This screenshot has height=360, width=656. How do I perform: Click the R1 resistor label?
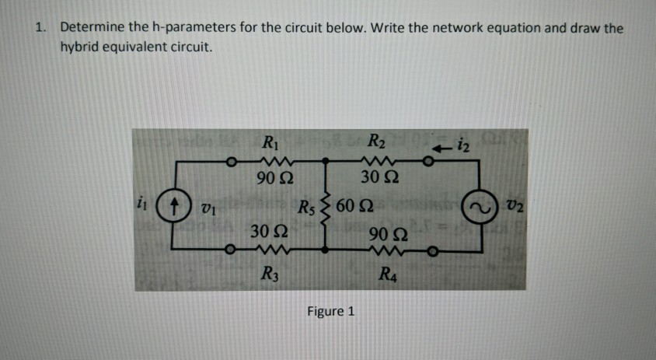(270, 143)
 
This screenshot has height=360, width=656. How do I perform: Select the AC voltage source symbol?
(474, 208)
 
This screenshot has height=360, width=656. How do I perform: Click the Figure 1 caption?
(330, 311)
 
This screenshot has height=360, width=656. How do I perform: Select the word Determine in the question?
(92, 28)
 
